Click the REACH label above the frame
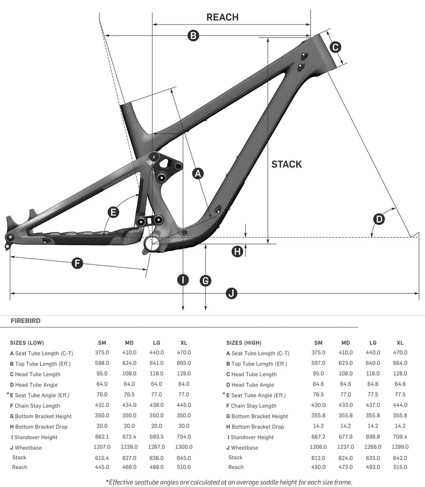coord(222,17)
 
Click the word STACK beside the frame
coord(286,164)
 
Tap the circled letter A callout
coord(198,173)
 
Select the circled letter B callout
coord(193,35)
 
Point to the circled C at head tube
coord(335,47)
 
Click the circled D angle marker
coord(379,219)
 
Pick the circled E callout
coord(113,212)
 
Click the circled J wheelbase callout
coord(232,293)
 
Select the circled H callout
coord(237,251)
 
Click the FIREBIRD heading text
coord(26,321)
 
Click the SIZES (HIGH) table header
coord(243,342)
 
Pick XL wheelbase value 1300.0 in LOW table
coord(183,447)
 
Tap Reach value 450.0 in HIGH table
coord(318,467)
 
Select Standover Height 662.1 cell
coord(102,437)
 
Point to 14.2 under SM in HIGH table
coord(318,427)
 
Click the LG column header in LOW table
coord(156,342)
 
